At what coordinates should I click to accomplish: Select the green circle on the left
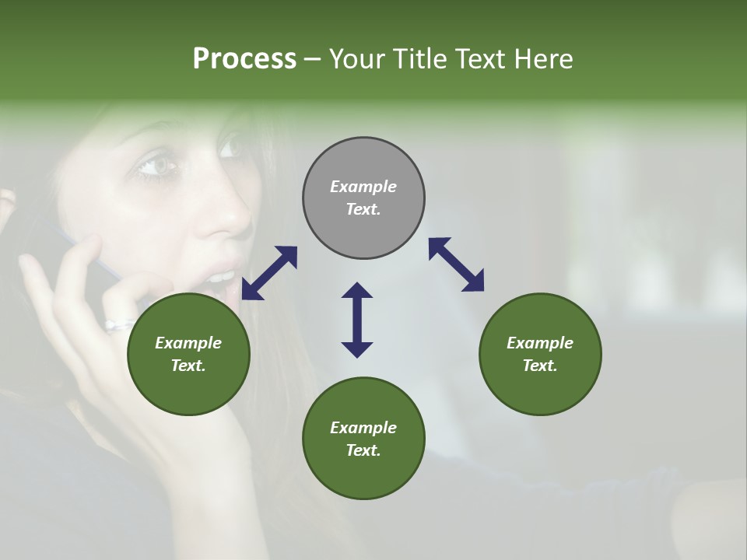coord(188,354)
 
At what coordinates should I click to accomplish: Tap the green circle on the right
coord(540,354)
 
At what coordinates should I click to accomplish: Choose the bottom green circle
coord(363,439)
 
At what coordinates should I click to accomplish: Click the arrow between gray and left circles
coord(269,273)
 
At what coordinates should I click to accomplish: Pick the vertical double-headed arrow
coord(357,320)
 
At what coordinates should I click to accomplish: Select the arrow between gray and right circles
coord(456,264)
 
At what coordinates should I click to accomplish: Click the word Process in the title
coord(244,59)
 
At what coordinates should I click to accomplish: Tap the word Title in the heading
coord(416,59)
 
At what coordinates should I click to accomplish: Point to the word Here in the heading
coord(544,59)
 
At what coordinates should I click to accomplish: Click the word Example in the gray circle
coord(363,187)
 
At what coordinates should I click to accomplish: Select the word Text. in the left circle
coord(188,366)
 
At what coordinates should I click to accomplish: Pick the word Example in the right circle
coord(540,343)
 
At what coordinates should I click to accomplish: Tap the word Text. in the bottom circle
coord(363,450)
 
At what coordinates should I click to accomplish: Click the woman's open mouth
coord(222,278)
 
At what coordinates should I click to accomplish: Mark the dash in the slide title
coord(312,59)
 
